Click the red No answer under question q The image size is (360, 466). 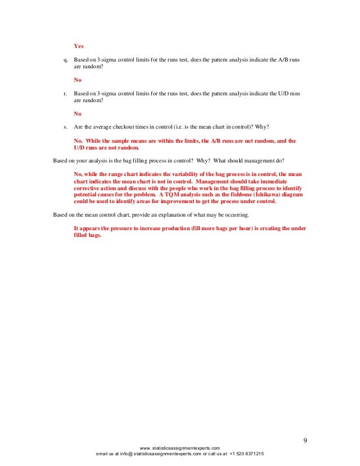(78, 80)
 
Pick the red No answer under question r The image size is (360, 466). (78, 113)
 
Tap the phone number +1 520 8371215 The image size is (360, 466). (247, 454)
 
